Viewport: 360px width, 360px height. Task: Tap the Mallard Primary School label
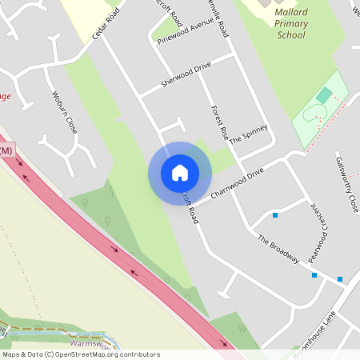pos(290,24)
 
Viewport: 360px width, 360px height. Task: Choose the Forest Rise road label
pos(219,123)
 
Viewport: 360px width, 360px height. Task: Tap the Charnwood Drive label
pos(237,183)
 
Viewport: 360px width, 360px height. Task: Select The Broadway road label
pos(278,249)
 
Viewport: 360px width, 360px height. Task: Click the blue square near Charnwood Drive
pos(275,215)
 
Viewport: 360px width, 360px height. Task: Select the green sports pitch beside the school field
pos(323,96)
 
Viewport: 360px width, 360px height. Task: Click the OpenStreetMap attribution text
pos(82,354)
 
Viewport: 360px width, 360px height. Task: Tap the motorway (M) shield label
pos(6,150)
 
